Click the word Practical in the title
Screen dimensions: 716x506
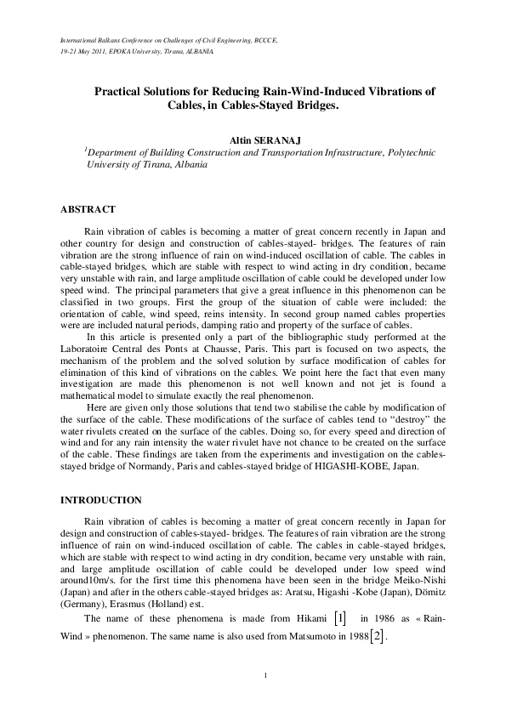click(117, 89)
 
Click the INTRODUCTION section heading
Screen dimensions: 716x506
click(100, 498)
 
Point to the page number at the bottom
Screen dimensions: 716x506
click(266, 675)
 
